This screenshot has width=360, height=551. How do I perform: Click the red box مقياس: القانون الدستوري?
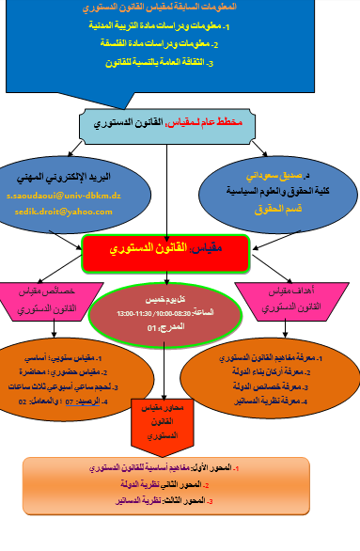point(165,252)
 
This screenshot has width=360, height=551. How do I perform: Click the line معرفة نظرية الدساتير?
point(281,401)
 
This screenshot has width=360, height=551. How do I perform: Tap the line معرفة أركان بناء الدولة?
point(281,372)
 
